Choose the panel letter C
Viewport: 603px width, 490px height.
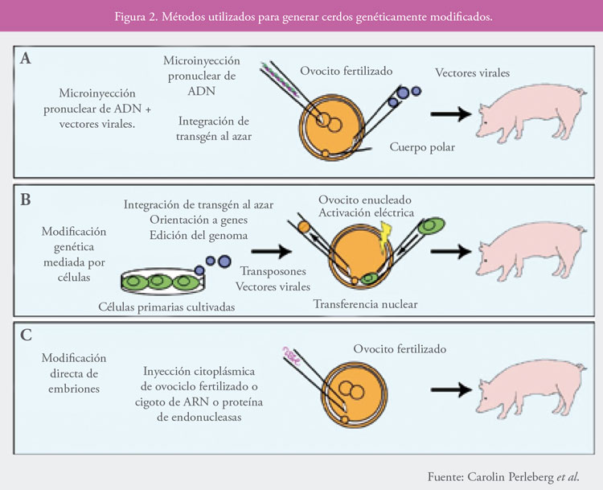point(27,329)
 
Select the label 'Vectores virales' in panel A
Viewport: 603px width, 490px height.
point(473,72)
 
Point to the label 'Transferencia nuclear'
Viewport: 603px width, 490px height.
point(365,304)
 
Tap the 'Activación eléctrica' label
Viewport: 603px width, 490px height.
point(365,212)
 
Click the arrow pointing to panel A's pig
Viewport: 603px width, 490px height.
point(447,115)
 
